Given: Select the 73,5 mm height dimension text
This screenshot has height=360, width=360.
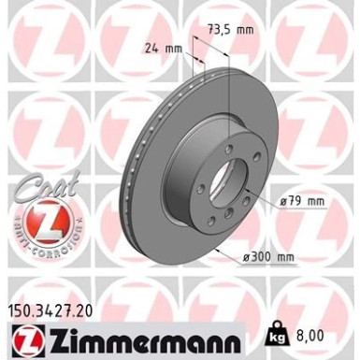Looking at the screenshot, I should (230, 31).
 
